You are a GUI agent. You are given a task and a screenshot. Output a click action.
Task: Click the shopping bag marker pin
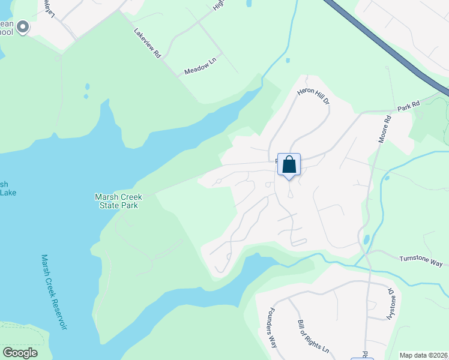[x=289, y=164]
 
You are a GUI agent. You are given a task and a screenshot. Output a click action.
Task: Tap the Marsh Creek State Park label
[x=116, y=200]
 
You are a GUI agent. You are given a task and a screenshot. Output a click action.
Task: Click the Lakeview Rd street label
[x=148, y=44]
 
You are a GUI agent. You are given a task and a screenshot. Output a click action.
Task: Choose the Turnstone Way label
[x=421, y=261]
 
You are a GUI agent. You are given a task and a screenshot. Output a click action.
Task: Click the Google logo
[x=20, y=353]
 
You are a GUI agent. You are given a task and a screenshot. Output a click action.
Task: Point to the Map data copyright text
[x=423, y=355]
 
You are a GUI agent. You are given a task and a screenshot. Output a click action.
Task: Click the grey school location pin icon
[x=23, y=26]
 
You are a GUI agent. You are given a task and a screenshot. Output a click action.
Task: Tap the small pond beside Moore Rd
[x=366, y=239]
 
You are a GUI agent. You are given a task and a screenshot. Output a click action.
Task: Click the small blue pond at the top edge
[x=249, y=4]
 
